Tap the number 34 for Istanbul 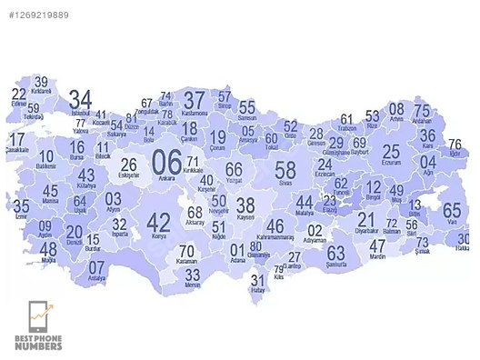80,99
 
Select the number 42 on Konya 158,221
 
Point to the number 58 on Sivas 285,169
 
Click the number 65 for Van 452,211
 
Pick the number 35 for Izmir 20,205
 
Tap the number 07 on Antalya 96,269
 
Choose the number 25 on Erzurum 391,152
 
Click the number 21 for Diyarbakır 365,219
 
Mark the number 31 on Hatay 257,281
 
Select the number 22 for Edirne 19,95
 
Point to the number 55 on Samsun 247,107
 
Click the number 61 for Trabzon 346,119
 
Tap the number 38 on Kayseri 245,205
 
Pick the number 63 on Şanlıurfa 336,252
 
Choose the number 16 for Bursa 77,146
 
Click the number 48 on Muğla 48,248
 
